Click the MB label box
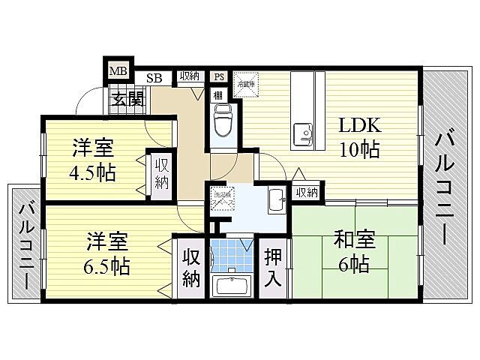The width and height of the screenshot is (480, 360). [118, 71]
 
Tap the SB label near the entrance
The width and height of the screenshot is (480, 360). [154, 77]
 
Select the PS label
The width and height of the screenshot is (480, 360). [219, 76]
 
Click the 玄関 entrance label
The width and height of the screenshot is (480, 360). [128, 98]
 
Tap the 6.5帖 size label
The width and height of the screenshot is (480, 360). [106, 265]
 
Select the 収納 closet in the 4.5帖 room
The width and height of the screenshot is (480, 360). [161, 173]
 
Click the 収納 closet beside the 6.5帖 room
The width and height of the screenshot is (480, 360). [191, 268]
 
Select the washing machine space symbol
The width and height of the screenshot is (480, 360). [221, 198]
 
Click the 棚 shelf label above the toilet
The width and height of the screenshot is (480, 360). [216, 95]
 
